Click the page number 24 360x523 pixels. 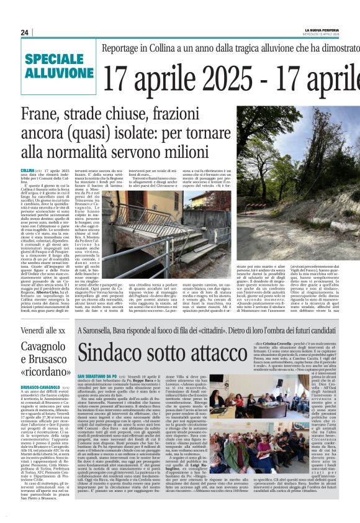[x=25, y=32]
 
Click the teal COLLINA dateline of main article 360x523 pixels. [x=27, y=170]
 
